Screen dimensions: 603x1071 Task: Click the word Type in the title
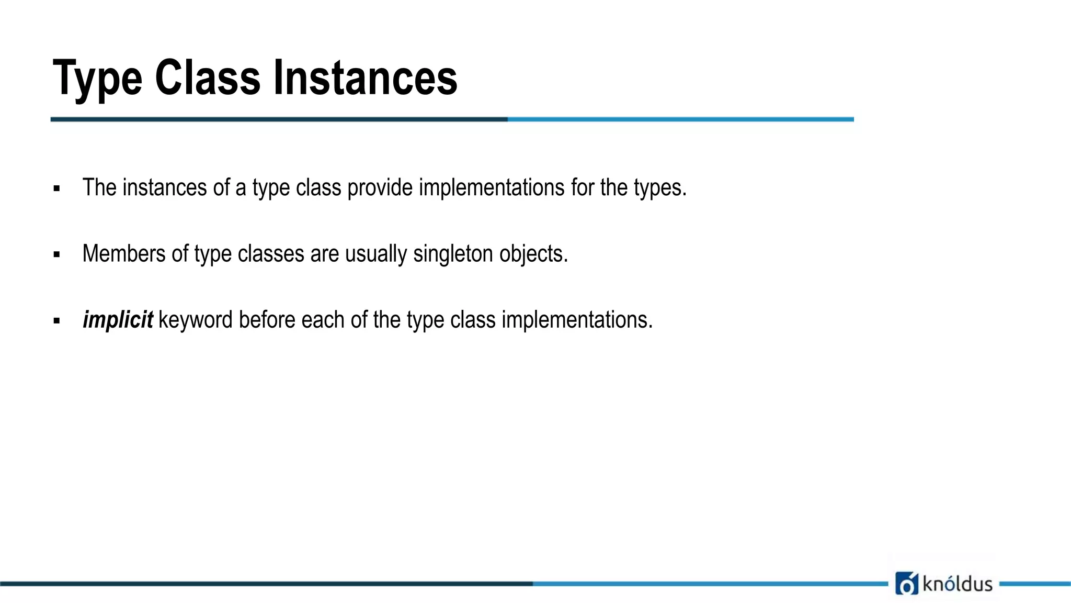coord(97,79)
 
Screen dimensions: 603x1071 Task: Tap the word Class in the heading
coord(208,79)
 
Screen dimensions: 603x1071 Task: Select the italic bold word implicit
coord(118,320)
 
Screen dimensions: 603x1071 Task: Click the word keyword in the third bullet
coord(195,320)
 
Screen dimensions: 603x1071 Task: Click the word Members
coord(124,254)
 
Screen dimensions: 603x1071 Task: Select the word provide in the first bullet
coord(380,188)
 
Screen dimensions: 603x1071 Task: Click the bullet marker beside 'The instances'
coord(56,189)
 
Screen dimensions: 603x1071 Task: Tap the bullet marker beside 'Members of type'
coord(56,255)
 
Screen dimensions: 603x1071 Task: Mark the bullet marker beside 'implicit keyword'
coord(56,321)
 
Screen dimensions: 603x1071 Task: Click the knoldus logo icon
coord(906,584)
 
